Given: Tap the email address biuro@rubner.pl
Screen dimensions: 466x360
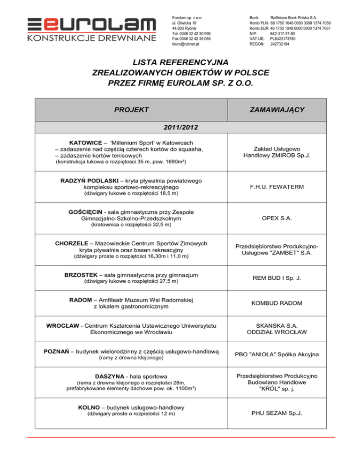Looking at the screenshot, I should pos(186,44).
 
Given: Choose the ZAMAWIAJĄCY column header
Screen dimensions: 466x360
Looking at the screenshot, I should pos(282,110).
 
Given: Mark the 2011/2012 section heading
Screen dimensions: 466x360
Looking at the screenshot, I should pos(180,127).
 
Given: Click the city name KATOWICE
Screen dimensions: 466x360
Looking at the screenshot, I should pos(86,142).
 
